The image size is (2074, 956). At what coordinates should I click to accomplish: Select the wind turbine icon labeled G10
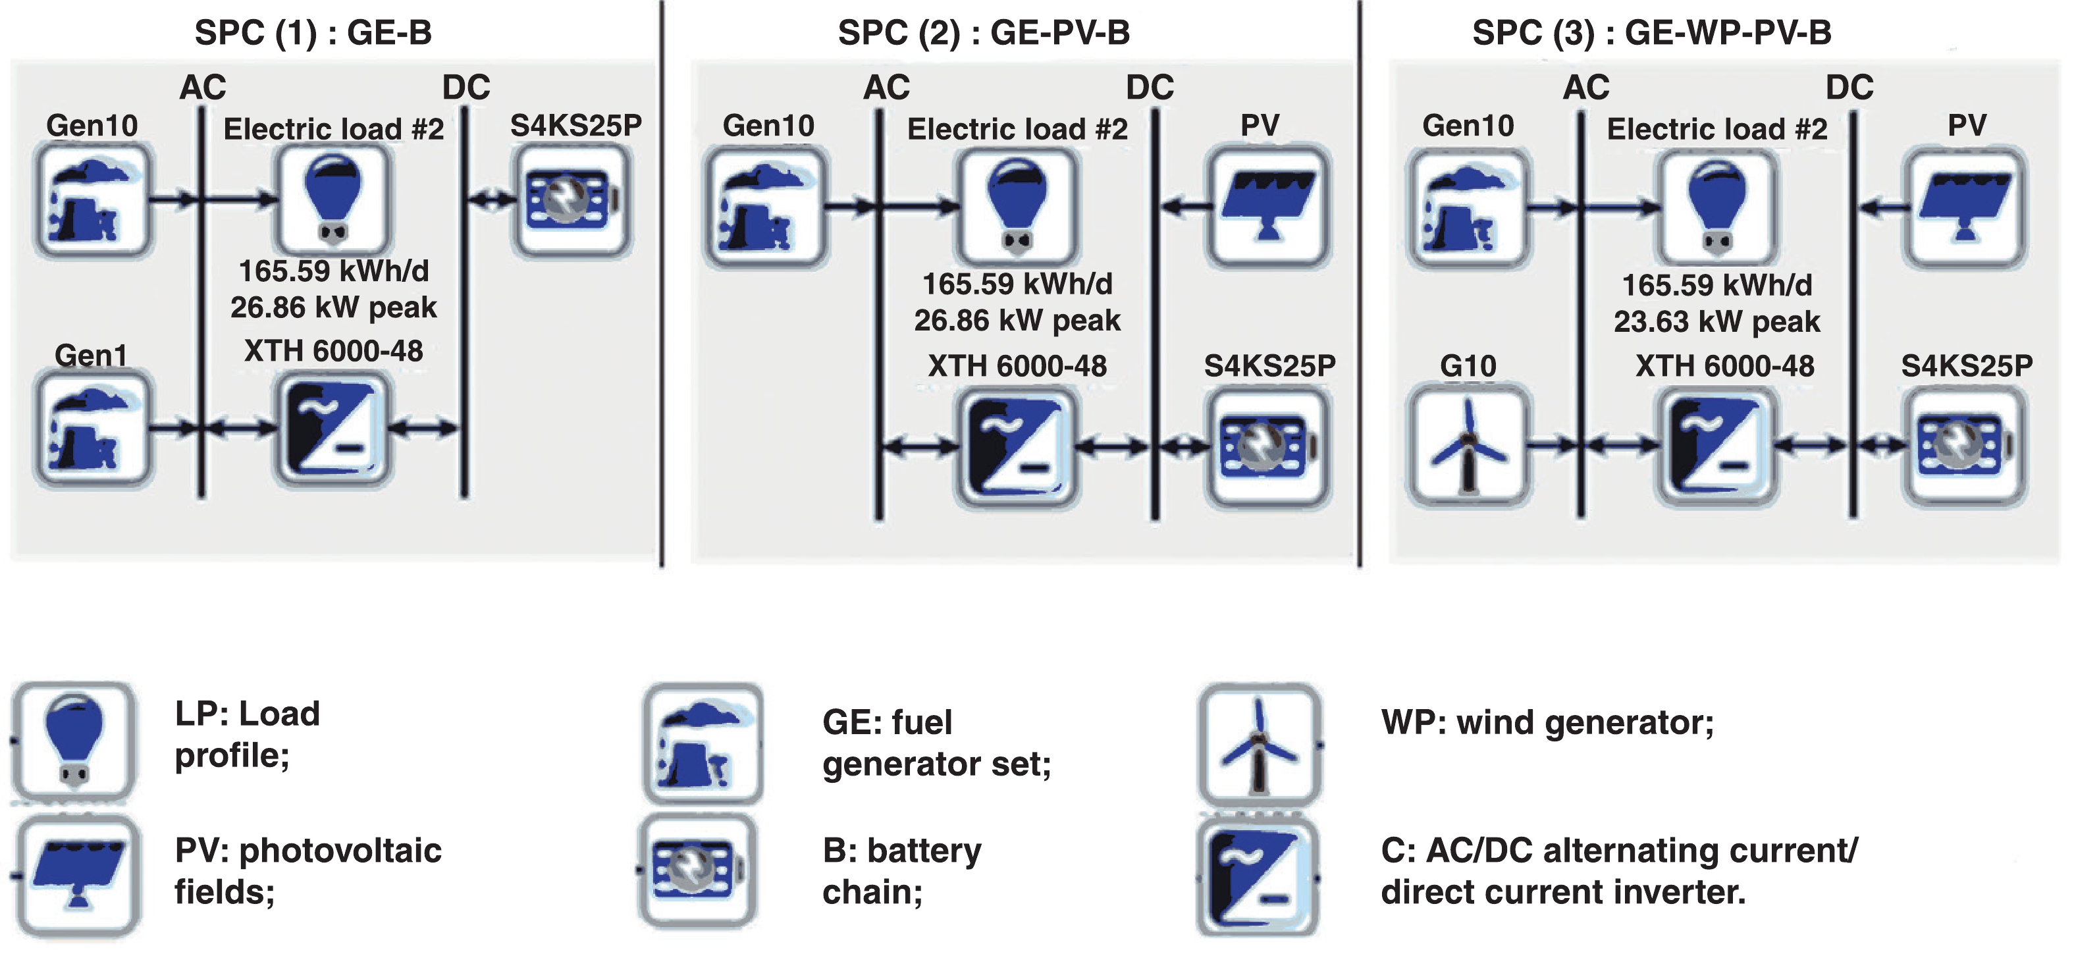click(1468, 444)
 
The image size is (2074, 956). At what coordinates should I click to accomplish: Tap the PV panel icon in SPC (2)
click(1268, 206)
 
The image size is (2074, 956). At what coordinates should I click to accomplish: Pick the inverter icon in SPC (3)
click(1716, 445)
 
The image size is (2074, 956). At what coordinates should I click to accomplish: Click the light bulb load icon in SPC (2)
click(1017, 206)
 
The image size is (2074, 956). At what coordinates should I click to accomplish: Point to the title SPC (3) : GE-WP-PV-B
click(1651, 33)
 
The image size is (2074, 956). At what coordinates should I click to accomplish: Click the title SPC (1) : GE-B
click(313, 33)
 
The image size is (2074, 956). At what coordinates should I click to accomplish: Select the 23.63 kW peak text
click(1716, 321)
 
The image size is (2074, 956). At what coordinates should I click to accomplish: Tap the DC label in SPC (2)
click(1150, 87)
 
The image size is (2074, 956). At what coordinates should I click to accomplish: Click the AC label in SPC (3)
click(1586, 87)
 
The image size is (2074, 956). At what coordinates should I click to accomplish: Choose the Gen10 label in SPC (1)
click(92, 126)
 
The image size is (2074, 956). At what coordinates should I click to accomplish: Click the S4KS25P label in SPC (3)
click(1966, 365)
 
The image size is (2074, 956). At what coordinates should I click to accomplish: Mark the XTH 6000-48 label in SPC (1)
click(333, 351)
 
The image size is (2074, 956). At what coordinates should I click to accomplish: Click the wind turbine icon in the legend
click(1259, 744)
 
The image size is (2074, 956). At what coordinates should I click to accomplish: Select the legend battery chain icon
click(697, 870)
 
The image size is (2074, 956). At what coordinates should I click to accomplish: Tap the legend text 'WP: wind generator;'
click(1547, 722)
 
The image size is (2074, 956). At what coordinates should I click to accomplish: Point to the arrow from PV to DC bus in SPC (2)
click(1185, 207)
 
